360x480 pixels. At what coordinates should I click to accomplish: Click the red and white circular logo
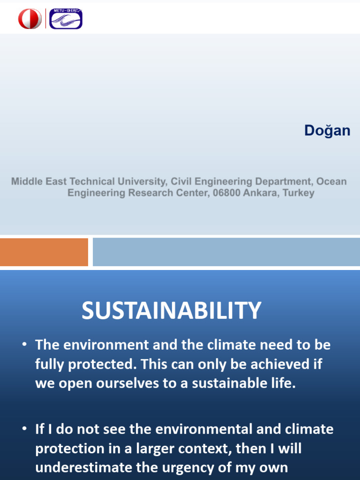30,19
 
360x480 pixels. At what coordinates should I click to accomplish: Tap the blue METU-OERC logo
66,19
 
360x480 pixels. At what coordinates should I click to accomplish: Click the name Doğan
327,130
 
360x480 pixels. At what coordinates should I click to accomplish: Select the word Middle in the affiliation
26,181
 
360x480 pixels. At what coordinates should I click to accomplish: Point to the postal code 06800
228,193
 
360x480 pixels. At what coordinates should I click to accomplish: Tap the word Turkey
299,193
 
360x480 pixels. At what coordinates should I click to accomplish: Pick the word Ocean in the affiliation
331,181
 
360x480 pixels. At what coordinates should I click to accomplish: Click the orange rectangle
44,252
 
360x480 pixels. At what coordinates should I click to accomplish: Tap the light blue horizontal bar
226,252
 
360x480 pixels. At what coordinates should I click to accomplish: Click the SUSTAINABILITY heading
171,310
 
